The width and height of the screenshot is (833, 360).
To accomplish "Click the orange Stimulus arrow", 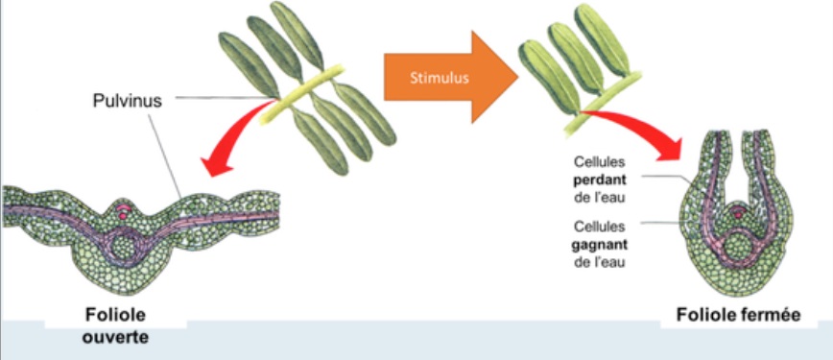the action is pos(450,77).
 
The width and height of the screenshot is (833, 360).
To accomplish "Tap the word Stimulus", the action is pos(440,78).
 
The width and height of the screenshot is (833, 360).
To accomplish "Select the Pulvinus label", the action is pos(127,101).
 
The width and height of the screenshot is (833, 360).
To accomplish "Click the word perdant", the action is pos(600,180).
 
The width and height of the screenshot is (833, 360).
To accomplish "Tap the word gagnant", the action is pos(601,245).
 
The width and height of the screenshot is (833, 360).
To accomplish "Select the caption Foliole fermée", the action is pos(738,315).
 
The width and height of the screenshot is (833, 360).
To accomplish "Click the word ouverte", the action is pos(115,338).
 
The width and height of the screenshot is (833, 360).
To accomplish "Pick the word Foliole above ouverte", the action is pos(115,315).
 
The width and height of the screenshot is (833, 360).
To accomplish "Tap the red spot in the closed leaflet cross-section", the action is pos(737,214).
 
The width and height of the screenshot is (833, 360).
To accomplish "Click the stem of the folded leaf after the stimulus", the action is pos(602,104).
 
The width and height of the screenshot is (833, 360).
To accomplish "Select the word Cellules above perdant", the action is pos(600,161).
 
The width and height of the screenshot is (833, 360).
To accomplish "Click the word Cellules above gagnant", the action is pos(600,228).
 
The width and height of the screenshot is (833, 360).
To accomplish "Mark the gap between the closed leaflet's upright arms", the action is pos(737,165).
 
